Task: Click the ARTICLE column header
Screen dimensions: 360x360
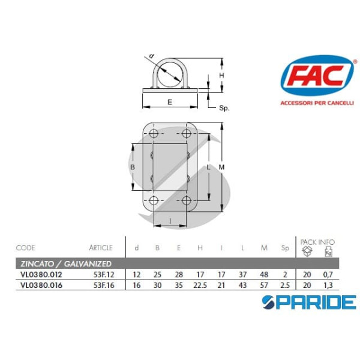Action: pyautogui.click(x=101, y=247)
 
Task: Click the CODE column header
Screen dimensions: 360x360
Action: pyautogui.click(x=26, y=247)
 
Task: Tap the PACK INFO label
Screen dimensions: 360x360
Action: pyautogui.click(x=318, y=242)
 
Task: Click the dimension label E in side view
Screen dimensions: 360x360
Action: pyautogui.click(x=170, y=102)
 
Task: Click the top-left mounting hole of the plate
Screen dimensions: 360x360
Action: pyautogui.click(x=154, y=133)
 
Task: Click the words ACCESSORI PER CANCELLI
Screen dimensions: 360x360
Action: pyautogui.click(x=317, y=103)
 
